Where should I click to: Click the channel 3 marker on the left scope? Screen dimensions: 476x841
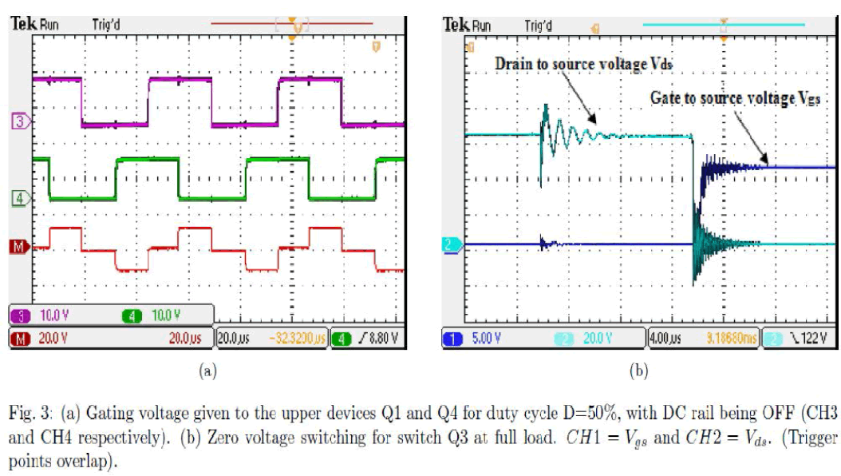click(x=18, y=121)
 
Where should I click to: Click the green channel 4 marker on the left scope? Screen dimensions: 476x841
click(x=18, y=197)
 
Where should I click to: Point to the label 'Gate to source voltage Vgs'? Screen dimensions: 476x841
click(x=735, y=97)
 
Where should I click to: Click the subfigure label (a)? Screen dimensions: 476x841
click(x=206, y=371)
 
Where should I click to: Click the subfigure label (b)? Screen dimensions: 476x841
click(x=638, y=371)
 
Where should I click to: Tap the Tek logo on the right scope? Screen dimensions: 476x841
click(x=456, y=24)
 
